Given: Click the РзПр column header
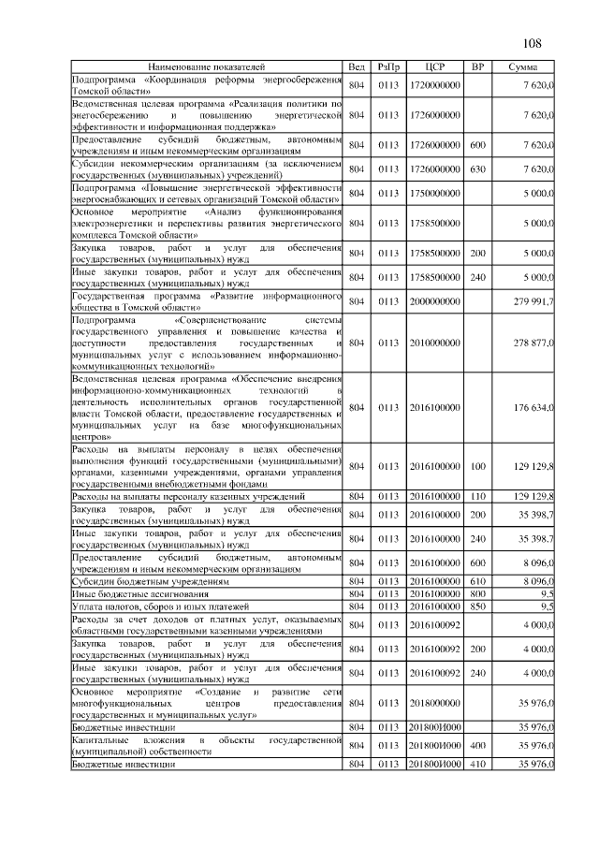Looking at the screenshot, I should coord(388,67).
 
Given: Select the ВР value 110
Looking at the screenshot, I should coord(477,495).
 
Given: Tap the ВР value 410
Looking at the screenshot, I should coord(477,765).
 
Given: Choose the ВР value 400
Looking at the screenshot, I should coord(477,746).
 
